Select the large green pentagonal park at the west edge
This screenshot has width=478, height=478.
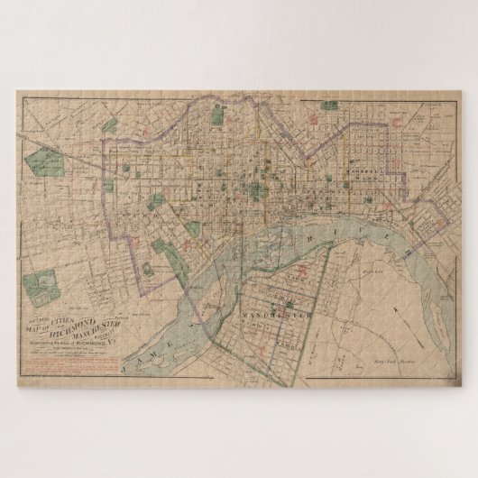(x=41, y=163)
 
